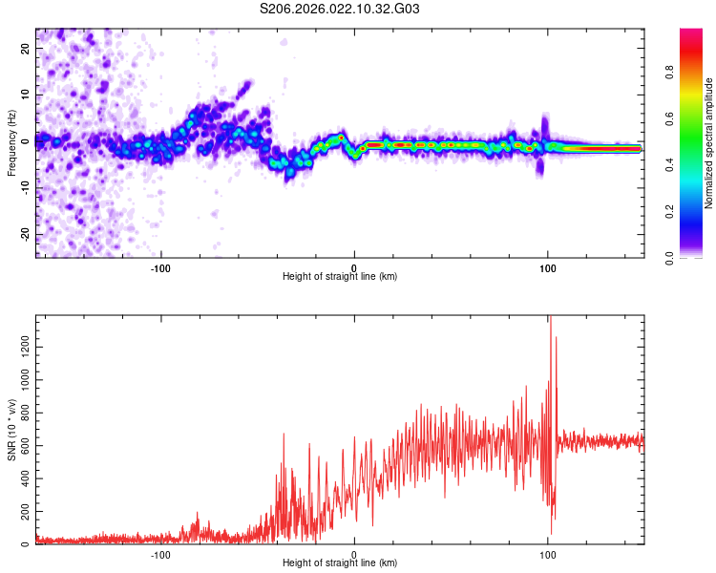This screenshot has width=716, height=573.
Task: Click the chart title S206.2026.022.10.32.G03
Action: (x=341, y=10)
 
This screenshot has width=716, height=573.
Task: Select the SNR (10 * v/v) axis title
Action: (x=11, y=430)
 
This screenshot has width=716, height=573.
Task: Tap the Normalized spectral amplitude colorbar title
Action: (x=709, y=143)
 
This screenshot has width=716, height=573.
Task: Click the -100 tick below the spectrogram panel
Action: (x=160, y=266)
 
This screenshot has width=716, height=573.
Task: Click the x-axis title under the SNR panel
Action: (x=340, y=563)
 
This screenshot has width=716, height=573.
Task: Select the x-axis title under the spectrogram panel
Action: (x=340, y=277)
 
